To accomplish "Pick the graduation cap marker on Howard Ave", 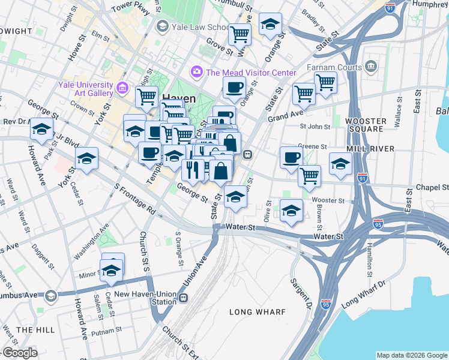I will click(x=41, y=130).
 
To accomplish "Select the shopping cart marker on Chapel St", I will click(x=309, y=176).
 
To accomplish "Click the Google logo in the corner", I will click(x=20, y=353).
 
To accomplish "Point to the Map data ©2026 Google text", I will click(x=411, y=355).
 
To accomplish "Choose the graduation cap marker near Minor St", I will click(x=112, y=271).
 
